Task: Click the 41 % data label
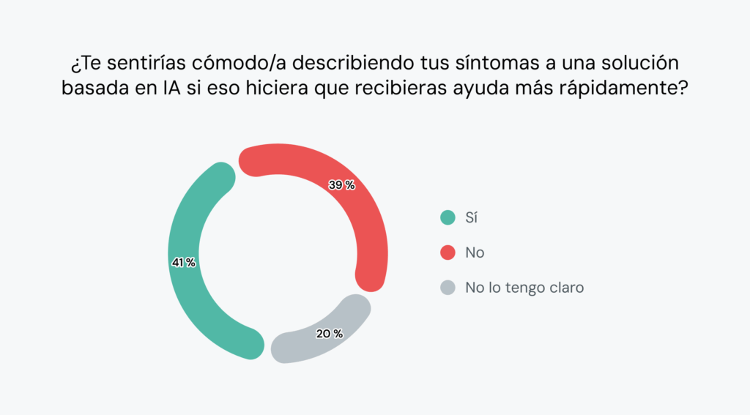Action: (x=183, y=263)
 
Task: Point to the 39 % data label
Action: (x=341, y=185)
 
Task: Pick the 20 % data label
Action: (x=329, y=334)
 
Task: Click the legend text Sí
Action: (x=471, y=217)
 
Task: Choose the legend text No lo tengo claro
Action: (x=524, y=288)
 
